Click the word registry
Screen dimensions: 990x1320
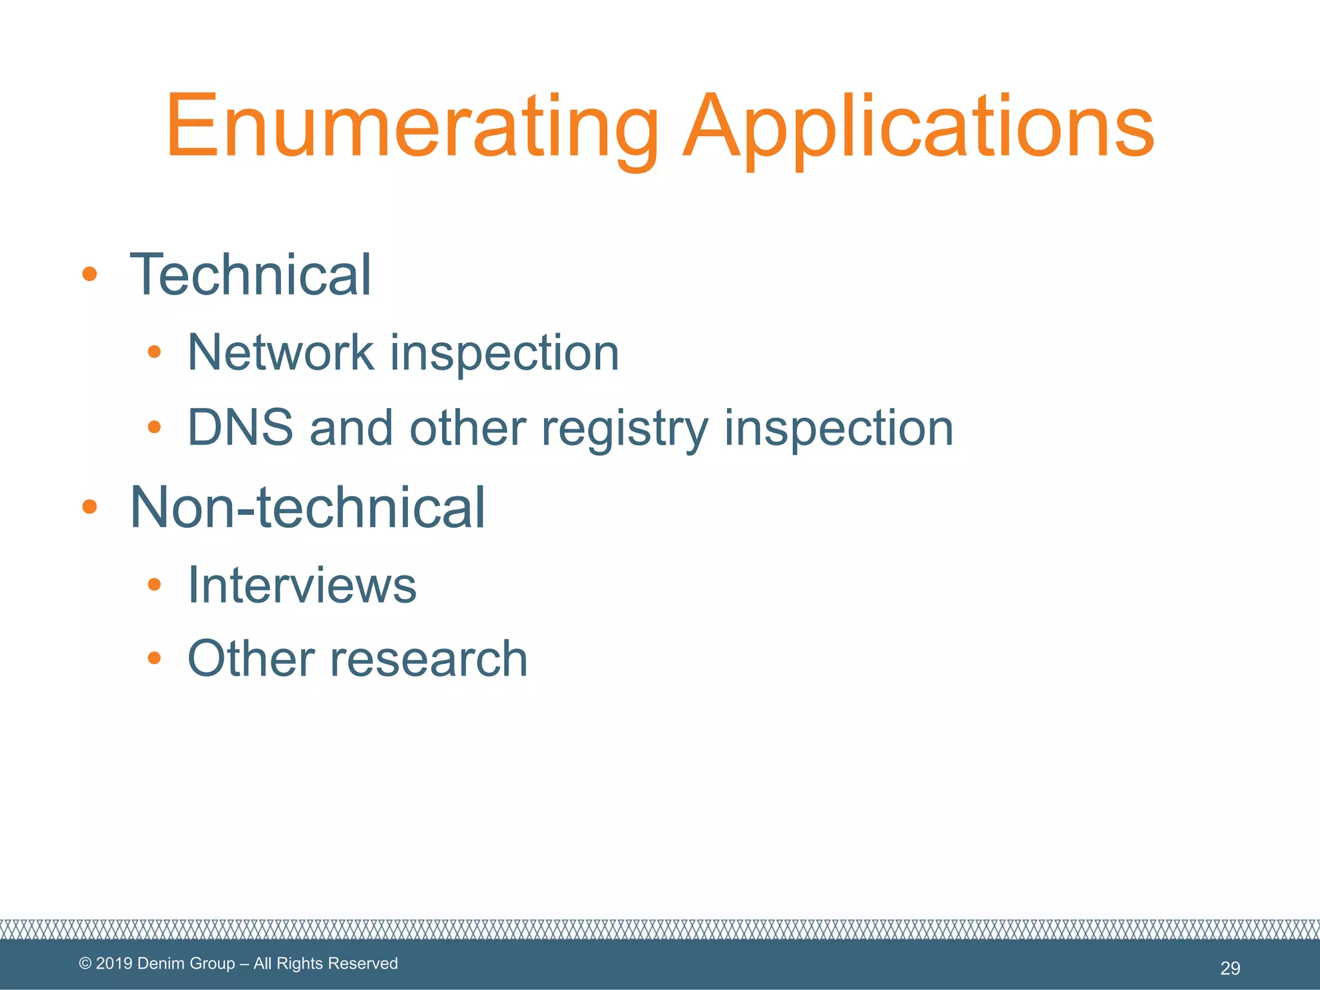pos(625,429)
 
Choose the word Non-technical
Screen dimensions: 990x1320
pos(307,507)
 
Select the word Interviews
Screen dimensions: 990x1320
pos(302,585)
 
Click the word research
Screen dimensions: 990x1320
pos(429,659)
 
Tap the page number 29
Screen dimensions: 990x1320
pos(1230,967)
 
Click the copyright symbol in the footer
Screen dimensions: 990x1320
pos(85,964)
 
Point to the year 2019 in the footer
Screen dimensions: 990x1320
pos(114,964)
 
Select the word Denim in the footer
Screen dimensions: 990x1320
pos(159,964)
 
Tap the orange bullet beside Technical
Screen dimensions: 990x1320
pos(90,275)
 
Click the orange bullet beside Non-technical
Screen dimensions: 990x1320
pos(90,507)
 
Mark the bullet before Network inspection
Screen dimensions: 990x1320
pos(153,352)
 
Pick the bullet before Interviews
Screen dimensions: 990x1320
pos(153,585)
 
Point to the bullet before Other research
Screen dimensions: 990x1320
pos(153,658)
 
